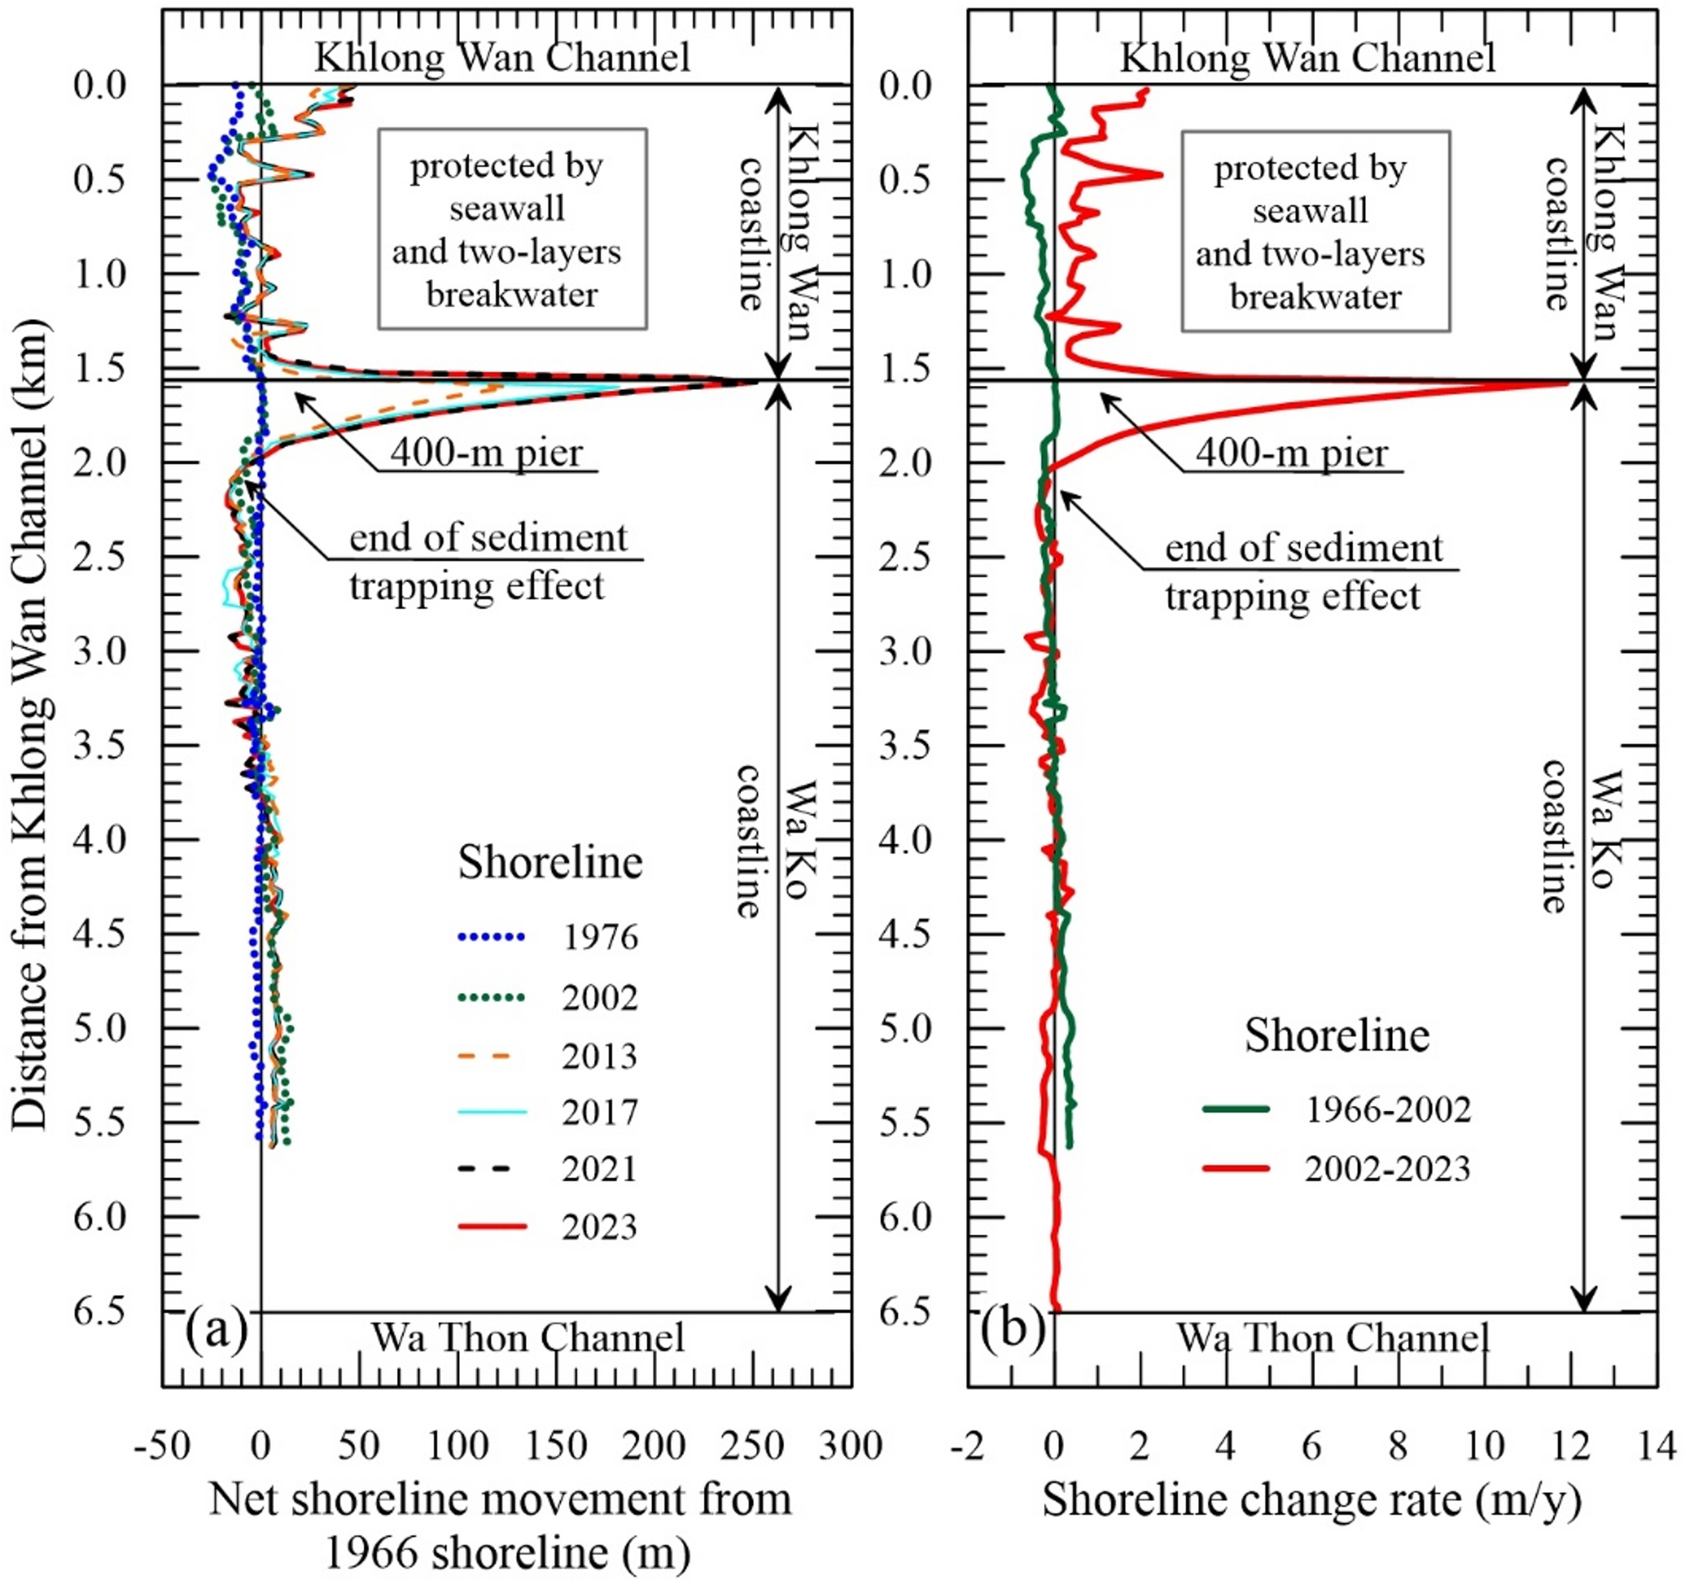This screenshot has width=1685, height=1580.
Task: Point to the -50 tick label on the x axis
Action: coord(162,1446)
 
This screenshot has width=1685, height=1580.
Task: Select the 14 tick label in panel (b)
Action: coord(1657,1446)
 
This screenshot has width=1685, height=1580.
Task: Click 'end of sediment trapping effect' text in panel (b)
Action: coord(1303,572)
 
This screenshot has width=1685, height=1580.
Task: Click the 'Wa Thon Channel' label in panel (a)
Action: coord(527,1338)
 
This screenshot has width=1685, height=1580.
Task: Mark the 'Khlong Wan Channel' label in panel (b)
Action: coord(1308,58)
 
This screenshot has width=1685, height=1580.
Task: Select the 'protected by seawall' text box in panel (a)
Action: coord(512,229)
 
